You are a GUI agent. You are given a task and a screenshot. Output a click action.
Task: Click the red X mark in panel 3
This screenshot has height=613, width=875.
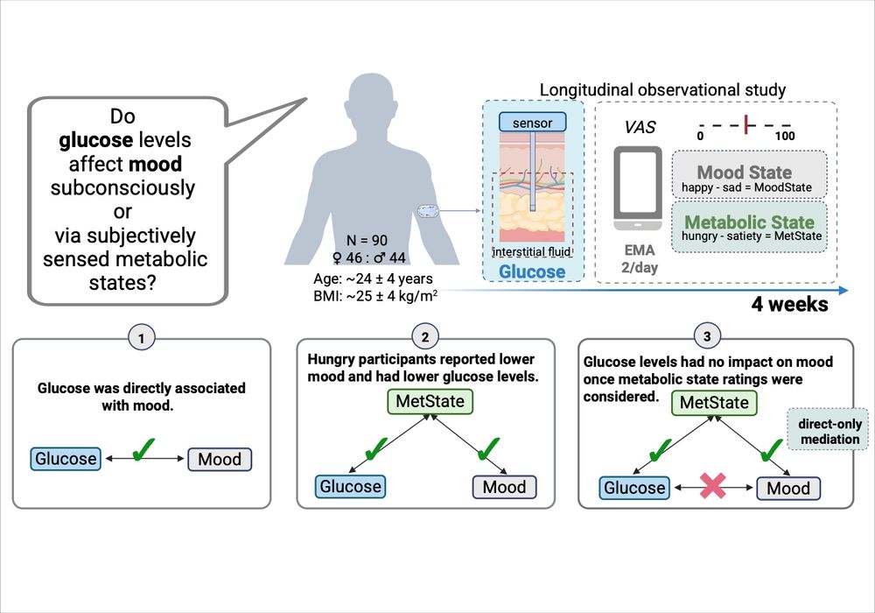[x=714, y=488]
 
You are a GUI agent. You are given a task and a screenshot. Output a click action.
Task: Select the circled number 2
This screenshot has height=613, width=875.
[x=424, y=336]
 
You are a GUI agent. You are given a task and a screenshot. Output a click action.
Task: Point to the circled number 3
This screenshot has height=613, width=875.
[x=707, y=336]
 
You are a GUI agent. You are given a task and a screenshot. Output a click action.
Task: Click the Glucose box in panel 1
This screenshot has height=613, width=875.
[x=66, y=458]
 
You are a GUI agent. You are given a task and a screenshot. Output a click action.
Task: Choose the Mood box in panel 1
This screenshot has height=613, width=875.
[x=220, y=459]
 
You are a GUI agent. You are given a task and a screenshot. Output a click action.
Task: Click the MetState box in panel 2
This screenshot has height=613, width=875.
[x=426, y=403]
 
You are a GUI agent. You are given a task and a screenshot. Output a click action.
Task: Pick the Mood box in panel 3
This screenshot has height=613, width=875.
[x=787, y=488]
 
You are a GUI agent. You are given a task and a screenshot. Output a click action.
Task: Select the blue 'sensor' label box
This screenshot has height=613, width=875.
[x=533, y=123]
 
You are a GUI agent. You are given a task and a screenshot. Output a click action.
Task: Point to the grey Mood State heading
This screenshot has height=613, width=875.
[x=745, y=172]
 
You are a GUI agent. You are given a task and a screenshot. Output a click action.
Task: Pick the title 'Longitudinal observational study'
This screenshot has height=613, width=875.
[x=662, y=89]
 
